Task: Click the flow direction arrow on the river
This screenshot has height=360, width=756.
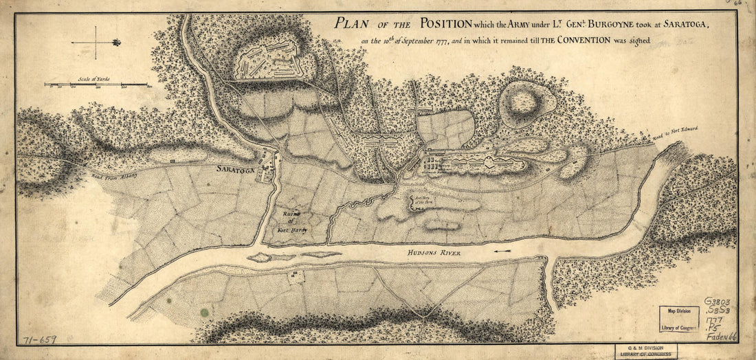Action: point(502,252)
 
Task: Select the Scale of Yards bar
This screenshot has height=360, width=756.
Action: point(96,85)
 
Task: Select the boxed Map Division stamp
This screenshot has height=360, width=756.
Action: point(679,319)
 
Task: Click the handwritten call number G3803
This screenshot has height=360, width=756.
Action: point(719,302)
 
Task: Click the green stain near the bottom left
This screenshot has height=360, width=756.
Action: point(204,312)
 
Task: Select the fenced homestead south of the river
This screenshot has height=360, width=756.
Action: point(296,277)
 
